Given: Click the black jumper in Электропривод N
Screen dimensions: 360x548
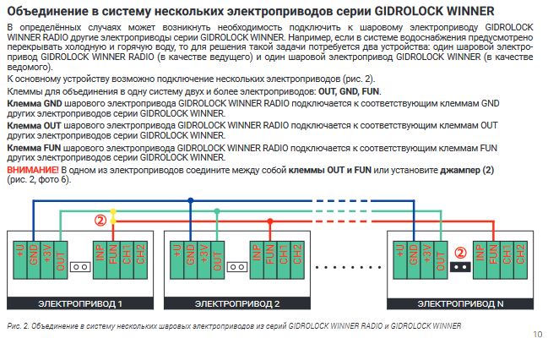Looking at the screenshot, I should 460,267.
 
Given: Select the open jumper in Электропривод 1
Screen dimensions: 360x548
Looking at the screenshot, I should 80,267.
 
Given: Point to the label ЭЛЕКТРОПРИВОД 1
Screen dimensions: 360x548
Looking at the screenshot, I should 81,303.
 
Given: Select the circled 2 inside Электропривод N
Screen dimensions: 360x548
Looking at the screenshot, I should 460,252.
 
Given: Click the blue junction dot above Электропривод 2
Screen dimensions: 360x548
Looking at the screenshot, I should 191,201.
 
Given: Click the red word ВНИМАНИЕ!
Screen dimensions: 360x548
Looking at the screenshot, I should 30,170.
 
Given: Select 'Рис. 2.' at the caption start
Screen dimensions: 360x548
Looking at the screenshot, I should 17,325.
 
